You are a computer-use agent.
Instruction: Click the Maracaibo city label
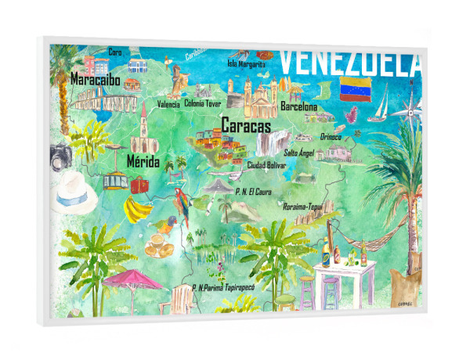click(96, 80)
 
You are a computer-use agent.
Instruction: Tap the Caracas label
click(246, 125)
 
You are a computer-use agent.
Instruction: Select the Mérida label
click(143, 163)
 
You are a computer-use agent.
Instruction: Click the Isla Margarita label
click(249, 63)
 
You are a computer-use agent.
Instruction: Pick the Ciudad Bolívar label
click(266, 165)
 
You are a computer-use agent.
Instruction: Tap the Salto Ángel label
click(298, 153)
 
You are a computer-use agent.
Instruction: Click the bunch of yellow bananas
click(139, 209)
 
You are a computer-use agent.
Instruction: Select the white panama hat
click(76, 192)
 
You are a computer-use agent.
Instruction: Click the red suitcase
click(139, 185)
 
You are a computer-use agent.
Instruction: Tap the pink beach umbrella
click(132, 278)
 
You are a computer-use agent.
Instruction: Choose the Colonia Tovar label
click(204, 102)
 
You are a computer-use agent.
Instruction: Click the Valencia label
click(168, 104)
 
